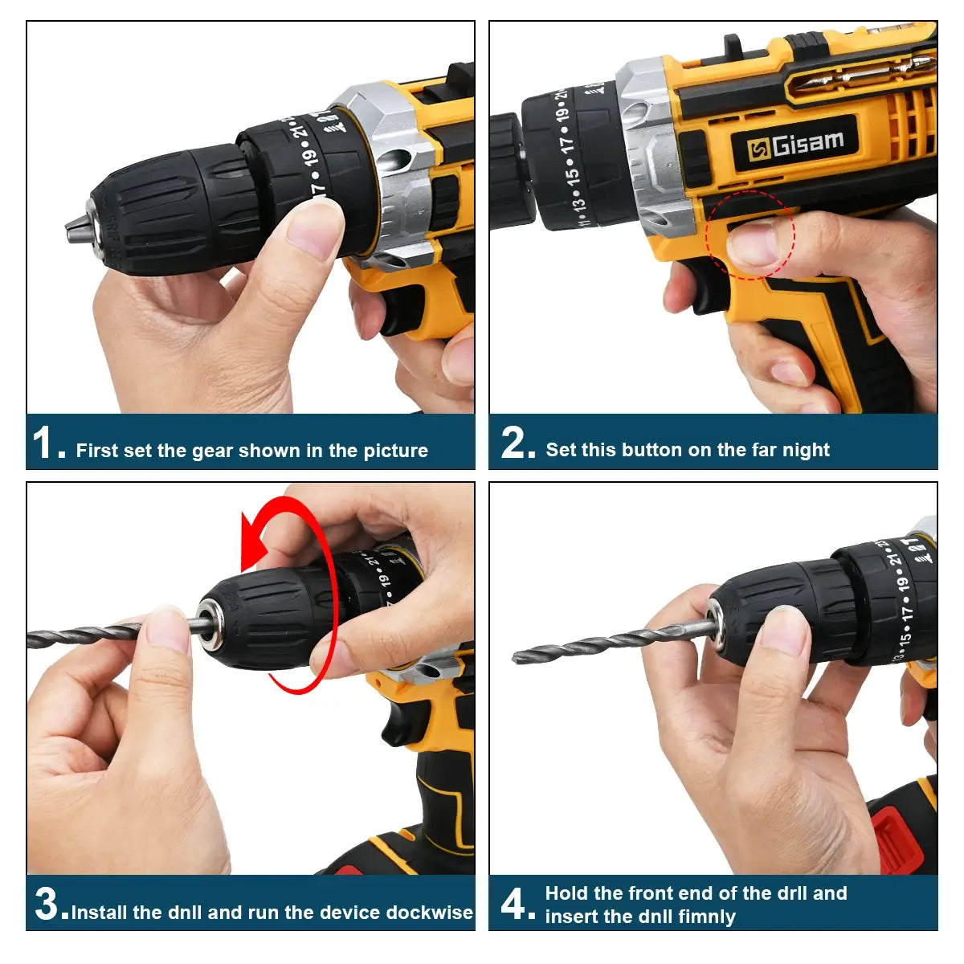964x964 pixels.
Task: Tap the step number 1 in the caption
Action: tap(43, 443)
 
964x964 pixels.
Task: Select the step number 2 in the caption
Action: tap(515, 443)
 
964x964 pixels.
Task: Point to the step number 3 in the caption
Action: tap(49, 905)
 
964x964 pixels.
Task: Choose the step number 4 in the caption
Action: tap(514, 905)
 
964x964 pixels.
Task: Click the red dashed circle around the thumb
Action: tap(750, 235)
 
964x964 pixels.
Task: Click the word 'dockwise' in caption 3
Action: tap(430, 913)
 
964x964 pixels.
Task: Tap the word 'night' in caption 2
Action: tap(807, 450)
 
